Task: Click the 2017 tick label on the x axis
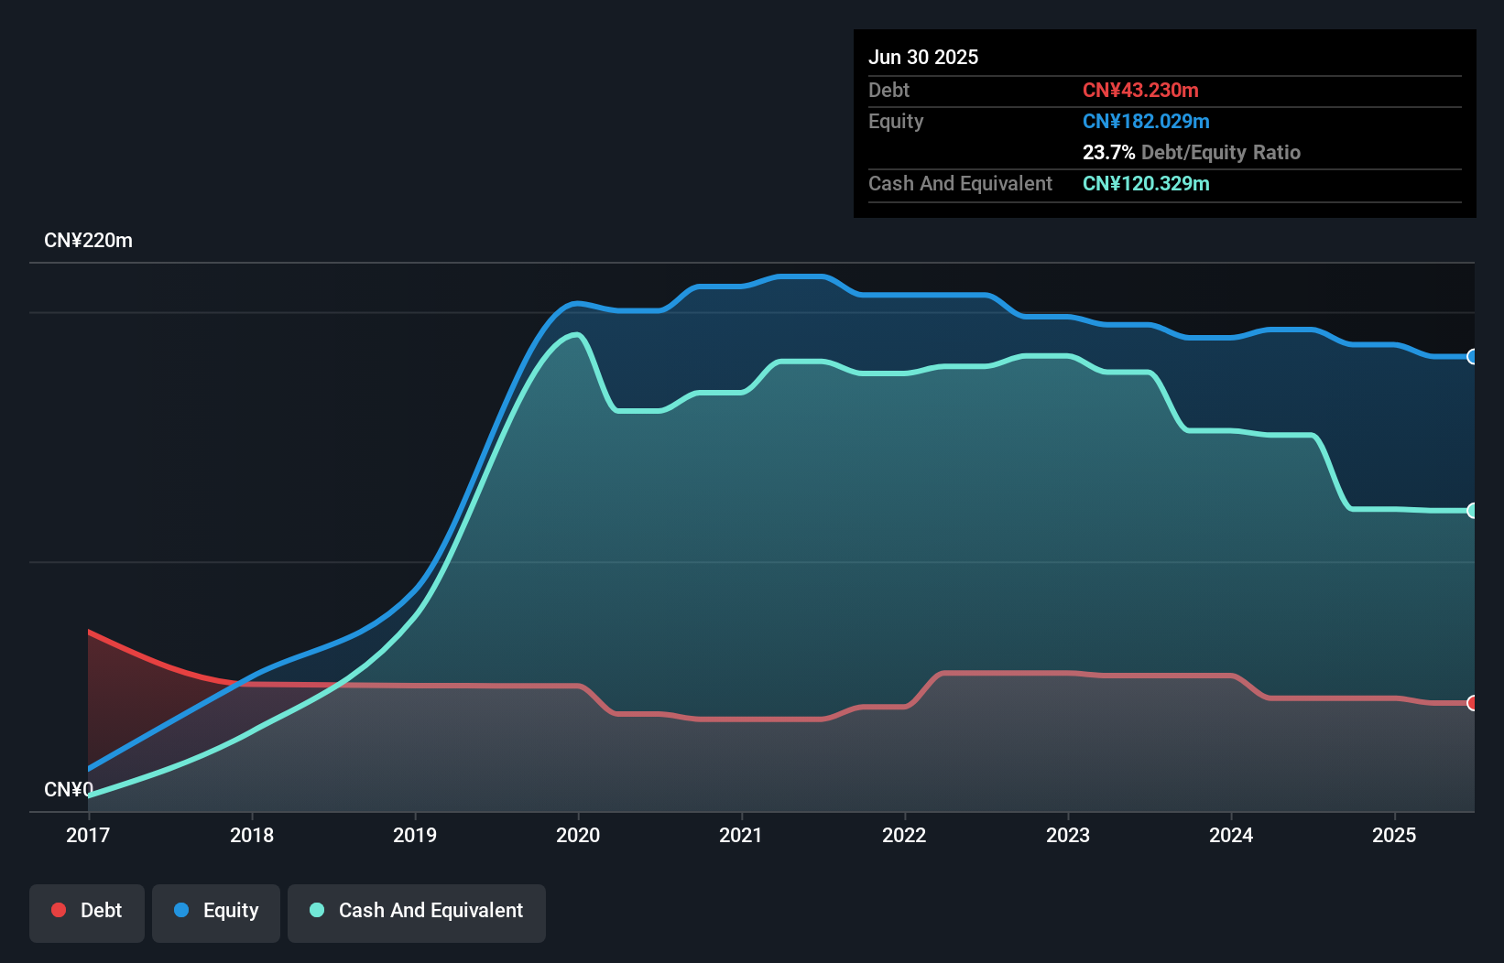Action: click(x=88, y=835)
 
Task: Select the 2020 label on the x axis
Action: click(x=578, y=835)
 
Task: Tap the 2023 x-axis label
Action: click(x=1068, y=835)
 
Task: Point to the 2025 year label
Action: click(x=1394, y=835)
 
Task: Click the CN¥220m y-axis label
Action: click(x=88, y=241)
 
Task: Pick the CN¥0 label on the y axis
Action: click(x=69, y=789)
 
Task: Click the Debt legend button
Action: click(x=87, y=911)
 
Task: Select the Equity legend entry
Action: click(x=216, y=911)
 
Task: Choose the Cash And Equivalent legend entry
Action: click(x=417, y=911)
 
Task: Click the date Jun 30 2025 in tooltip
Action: click(x=923, y=57)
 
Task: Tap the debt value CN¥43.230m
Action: click(x=1140, y=90)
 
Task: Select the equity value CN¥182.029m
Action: click(x=1146, y=121)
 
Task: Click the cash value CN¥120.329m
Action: click(x=1146, y=183)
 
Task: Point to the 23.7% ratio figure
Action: click(x=1108, y=152)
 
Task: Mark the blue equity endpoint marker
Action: click(x=1472, y=357)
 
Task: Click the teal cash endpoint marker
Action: click(x=1472, y=511)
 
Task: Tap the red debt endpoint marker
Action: click(x=1472, y=703)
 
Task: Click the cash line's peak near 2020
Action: click(x=576, y=334)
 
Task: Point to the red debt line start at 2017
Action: click(x=90, y=632)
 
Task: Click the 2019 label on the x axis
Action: click(x=415, y=835)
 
